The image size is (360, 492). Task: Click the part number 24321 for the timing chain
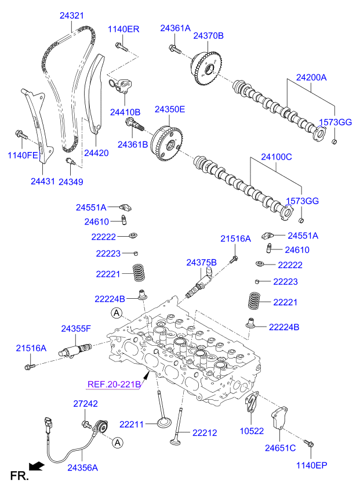coord(72,16)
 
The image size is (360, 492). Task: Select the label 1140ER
coord(123,29)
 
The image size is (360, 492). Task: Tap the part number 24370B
coord(208,36)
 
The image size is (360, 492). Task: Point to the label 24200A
coord(311,77)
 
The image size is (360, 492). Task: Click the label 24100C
coord(276,157)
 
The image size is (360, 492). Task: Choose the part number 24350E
coord(170,109)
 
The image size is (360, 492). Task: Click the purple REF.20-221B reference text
coord(114,384)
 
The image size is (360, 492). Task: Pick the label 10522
coord(252,431)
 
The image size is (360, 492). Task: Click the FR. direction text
coord(19,476)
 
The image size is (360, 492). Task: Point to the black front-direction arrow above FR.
coord(36,465)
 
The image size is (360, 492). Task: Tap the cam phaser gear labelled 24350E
coord(165,143)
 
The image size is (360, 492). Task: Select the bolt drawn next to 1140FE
coord(21,135)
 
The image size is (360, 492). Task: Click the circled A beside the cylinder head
coord(117,314)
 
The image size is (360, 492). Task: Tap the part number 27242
coord(85,404)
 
